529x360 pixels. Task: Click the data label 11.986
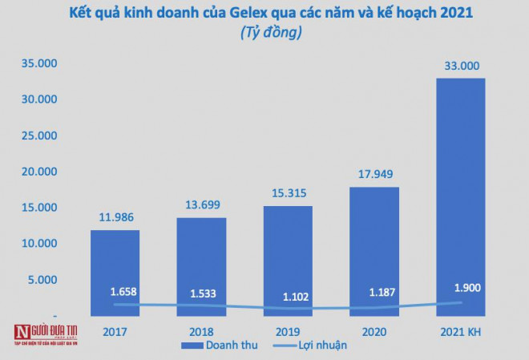[114, 216]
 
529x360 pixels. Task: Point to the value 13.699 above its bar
[200, 204]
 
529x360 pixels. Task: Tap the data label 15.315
[287, 192]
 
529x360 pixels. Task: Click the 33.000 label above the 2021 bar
[460, 65]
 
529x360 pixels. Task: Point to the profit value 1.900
[460, 288]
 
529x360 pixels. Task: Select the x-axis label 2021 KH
[460, 330]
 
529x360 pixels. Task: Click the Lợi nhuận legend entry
[313, 346]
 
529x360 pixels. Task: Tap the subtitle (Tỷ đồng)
[264, 34]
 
